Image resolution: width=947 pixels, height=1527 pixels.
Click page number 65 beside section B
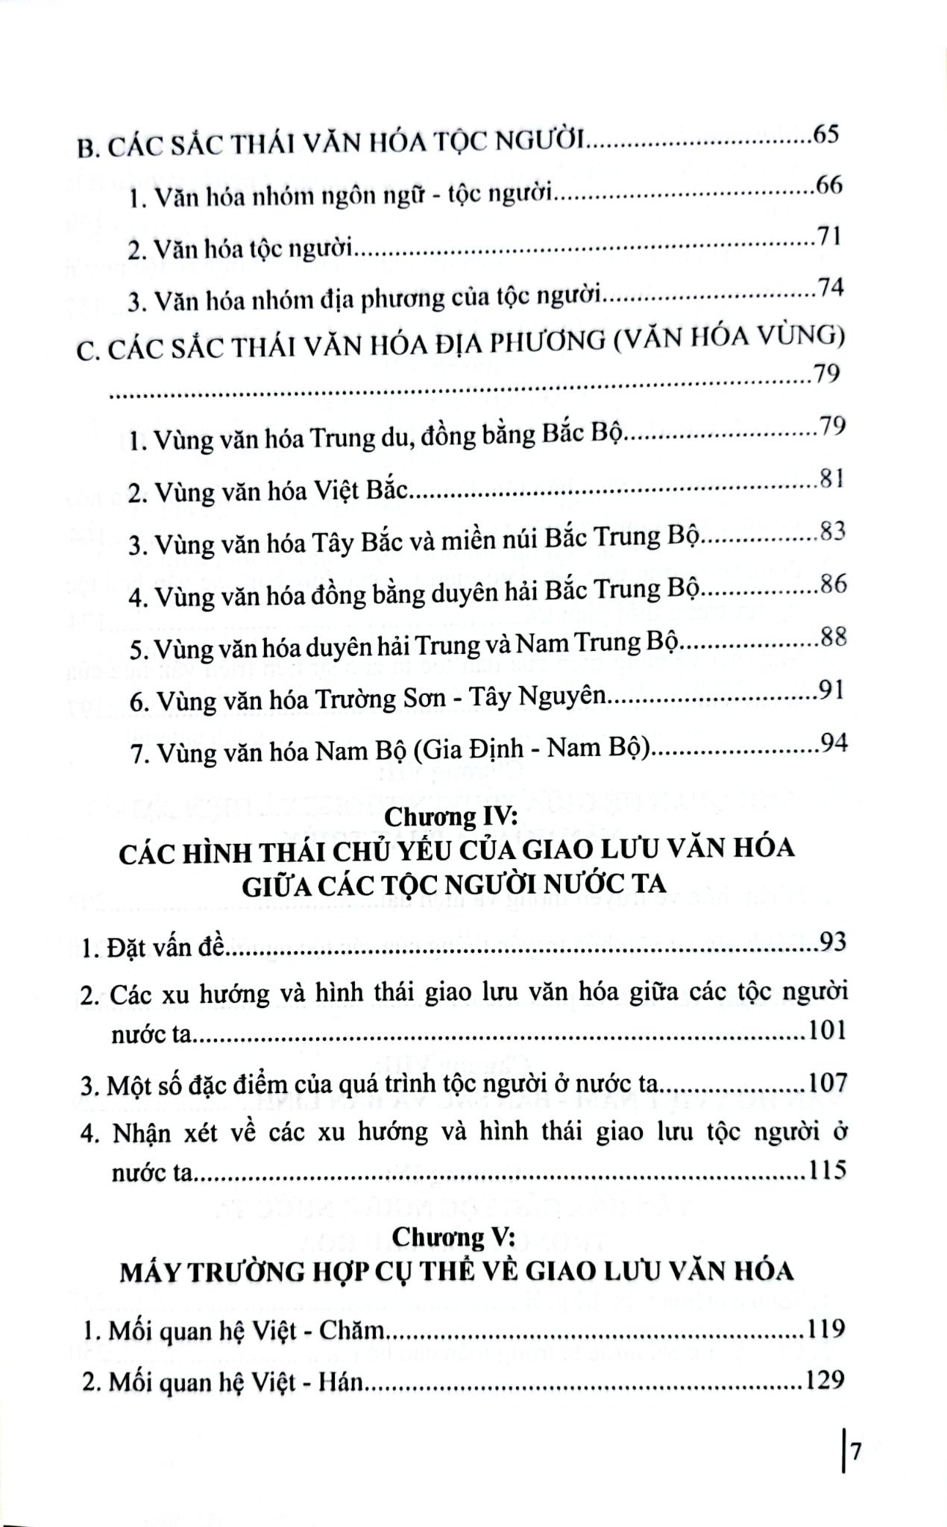(x=828, y=136)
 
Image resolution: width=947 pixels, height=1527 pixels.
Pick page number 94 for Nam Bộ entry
(x=833, y=743)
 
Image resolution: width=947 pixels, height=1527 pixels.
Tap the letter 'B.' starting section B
(x=89, y=149)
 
